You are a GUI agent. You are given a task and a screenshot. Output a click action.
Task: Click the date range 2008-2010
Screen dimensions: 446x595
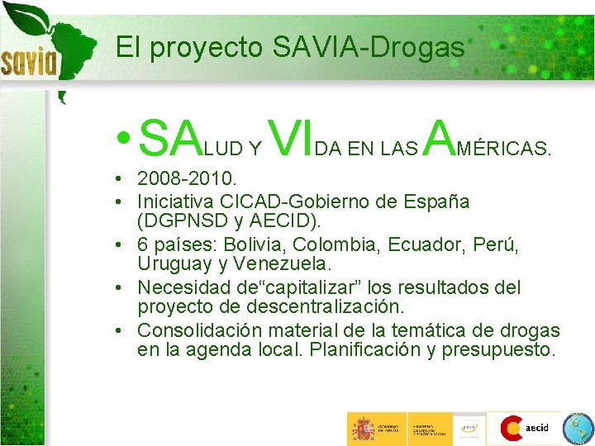pyautogui.click(x=187, y=178)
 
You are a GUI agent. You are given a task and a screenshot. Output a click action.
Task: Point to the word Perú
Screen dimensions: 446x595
pyautogui.click(x=497, y=244)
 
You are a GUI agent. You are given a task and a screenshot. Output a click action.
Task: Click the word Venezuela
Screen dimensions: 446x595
pyautogui.click(x=281, y=264)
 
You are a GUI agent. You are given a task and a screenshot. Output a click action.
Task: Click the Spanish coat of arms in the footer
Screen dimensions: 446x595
pyautogui.click(x=363, y=429)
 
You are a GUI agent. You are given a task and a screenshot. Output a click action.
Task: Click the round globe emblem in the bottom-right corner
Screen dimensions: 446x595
pyautogui.click(x=578, y=429)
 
